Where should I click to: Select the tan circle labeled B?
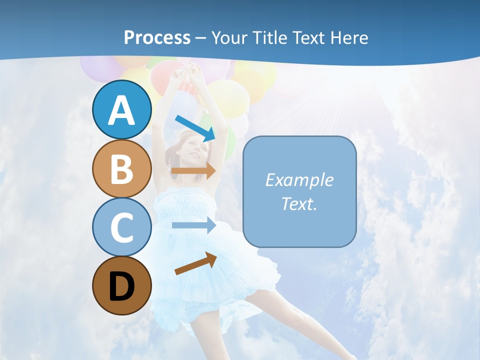tap(121, 169)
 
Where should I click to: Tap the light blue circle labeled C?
tap(121, 227)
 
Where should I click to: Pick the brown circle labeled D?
tap(121, 286)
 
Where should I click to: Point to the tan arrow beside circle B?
tap(193, 170)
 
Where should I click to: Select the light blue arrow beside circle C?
tap(193, 225)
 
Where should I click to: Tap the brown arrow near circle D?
tap(195, 263)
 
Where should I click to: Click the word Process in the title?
tap(157, 38)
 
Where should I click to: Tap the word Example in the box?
tap(299, 180)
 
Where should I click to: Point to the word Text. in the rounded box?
tap(299, 203)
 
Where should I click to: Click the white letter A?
tap(121, 110)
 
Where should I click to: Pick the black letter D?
tap(121, 287)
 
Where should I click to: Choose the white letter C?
tap(121, 228)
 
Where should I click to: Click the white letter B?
tap(121, 169)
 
